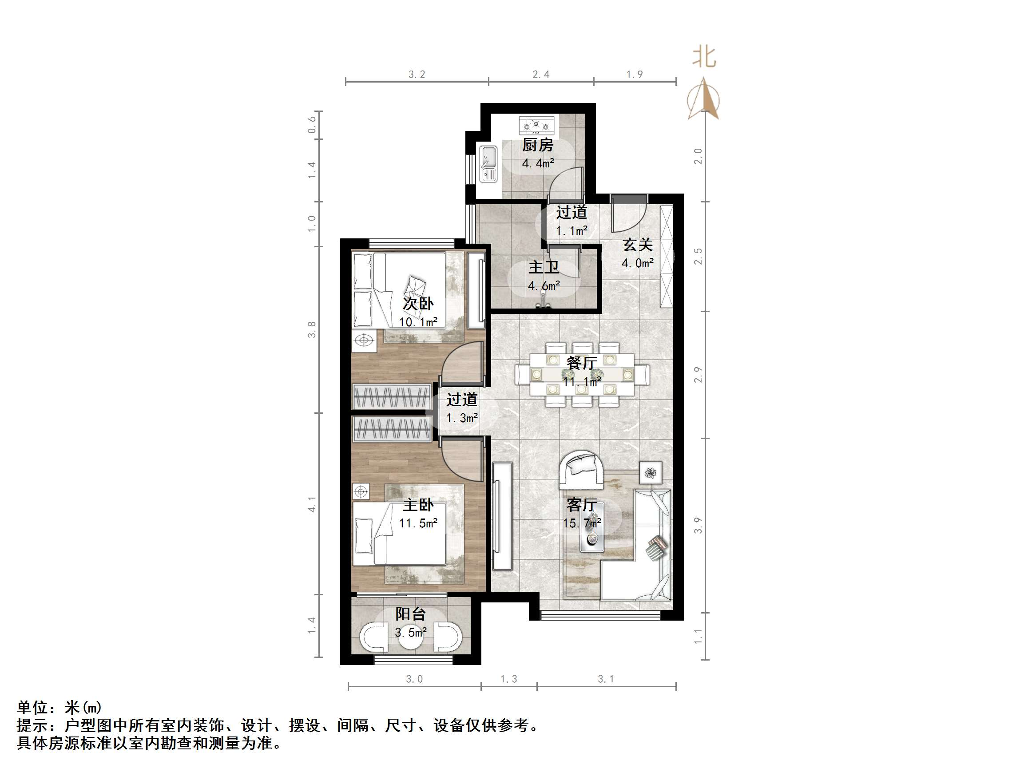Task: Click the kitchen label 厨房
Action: (537, 145)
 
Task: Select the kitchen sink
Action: (488, 164)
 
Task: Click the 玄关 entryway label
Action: (638, 245)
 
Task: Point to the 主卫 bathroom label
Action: (544, 268)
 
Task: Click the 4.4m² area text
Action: (538, 163)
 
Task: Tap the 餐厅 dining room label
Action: (581, 363)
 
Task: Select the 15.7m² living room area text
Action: (581, 523)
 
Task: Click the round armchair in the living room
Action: (581, 469)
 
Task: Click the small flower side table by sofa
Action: (651, 473)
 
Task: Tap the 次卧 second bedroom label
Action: (418, 304)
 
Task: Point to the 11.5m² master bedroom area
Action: (418, 523)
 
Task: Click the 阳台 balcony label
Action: (410, 614)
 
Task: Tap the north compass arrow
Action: (703, 99)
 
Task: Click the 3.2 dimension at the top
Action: (417, 75)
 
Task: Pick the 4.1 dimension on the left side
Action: (312, 504)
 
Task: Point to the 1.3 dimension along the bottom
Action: (508, 679)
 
